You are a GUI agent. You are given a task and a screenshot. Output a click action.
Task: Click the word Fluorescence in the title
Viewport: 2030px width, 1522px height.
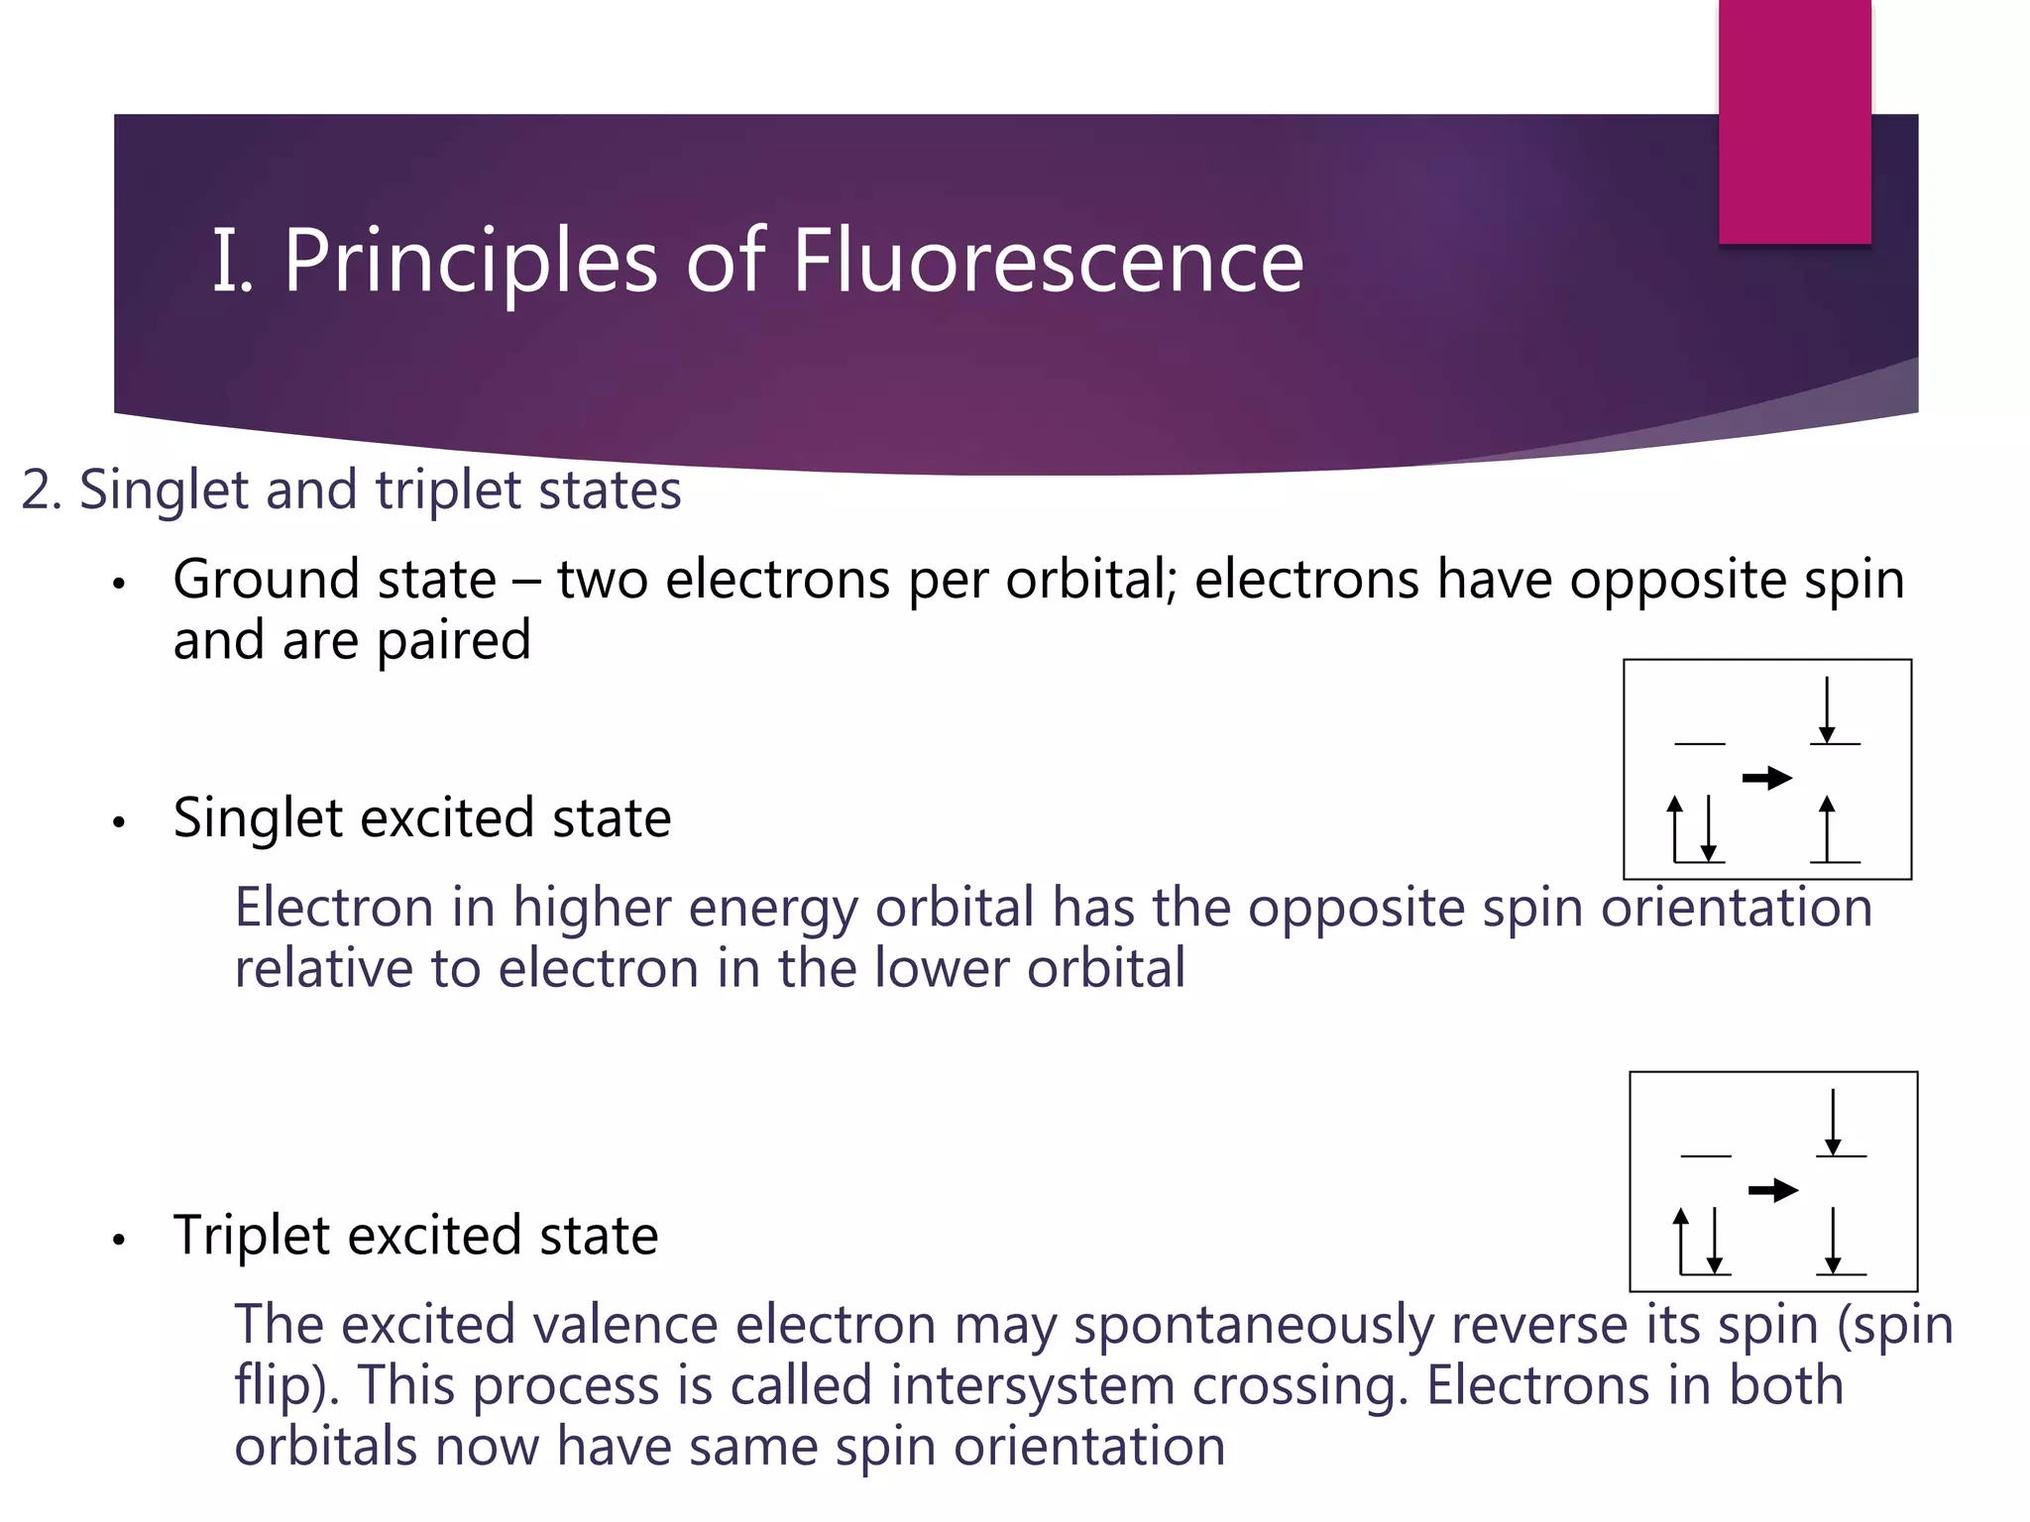pyautogui.click(x=1047, y=261)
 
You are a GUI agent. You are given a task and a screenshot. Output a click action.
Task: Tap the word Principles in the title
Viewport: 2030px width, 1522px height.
pyautogui.click(x=470, y=261)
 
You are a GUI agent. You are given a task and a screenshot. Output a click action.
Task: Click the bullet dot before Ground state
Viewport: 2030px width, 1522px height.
pyautogui.click(x=119, y=584)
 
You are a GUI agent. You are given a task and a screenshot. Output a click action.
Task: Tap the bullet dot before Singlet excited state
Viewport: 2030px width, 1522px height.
pyautogui.click(x=119, y=822)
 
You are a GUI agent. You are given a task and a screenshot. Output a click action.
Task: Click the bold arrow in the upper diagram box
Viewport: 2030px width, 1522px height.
pyautogui.click(x=1767, y=778)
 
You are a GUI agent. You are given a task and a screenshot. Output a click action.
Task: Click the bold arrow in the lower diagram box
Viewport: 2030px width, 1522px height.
pyautogui.click(x=1773, y=1190)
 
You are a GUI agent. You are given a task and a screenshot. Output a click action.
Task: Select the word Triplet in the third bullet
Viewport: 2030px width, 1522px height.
pyautogui.click(x=251, y=1236)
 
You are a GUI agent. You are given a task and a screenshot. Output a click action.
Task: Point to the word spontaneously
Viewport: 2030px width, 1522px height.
pyautogui.click(x=1253, y=1326)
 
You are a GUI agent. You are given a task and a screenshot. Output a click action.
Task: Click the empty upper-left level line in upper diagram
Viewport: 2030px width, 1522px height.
pyautogui.click(x=1699, y=743)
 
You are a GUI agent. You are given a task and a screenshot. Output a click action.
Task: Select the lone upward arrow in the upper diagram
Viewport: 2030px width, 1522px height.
pyautogui.click(x=1827, y=828)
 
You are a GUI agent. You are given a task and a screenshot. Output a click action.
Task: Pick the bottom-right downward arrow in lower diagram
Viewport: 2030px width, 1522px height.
pyautogui.click(x=1833, y=1241)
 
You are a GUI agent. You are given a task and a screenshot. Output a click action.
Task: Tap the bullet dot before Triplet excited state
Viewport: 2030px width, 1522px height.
pyautogui.click(x=119, y=1241)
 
